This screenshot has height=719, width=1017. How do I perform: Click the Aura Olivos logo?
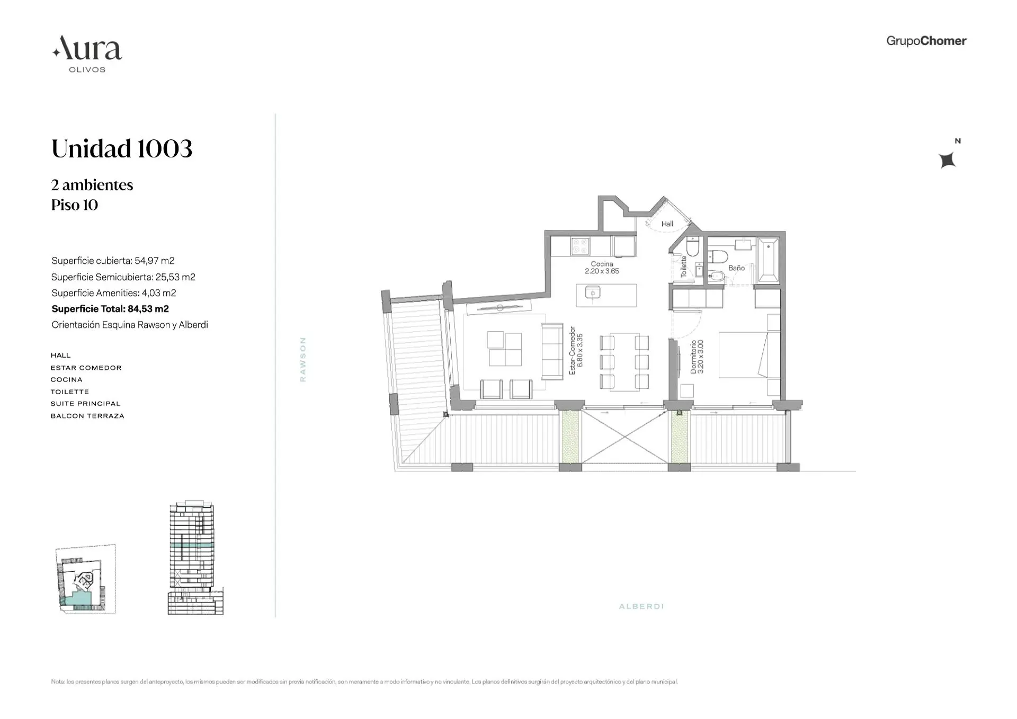[87, 54]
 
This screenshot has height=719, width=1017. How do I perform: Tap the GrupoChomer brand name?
[926, 41]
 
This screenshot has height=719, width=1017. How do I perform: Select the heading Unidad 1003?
[122, 149]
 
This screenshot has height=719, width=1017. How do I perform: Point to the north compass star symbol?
[947, 159]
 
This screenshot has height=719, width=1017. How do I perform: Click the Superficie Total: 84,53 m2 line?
[110, 309]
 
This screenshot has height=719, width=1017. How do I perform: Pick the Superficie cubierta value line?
[113, 261]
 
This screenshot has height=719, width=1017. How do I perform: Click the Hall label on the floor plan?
[667, 224]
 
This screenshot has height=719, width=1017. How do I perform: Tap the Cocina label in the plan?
[602, 264]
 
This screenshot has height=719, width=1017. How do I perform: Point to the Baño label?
[736, 268]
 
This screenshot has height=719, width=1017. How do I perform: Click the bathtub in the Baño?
[768, 260]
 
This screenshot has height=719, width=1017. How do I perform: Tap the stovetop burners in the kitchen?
[580, 246]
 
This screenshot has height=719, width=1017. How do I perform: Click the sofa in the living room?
[552, 351]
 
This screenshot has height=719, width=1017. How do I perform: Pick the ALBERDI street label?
[641, 606]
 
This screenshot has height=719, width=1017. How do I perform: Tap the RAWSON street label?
[303, 359]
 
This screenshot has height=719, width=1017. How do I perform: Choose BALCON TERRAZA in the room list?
[87, 416]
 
